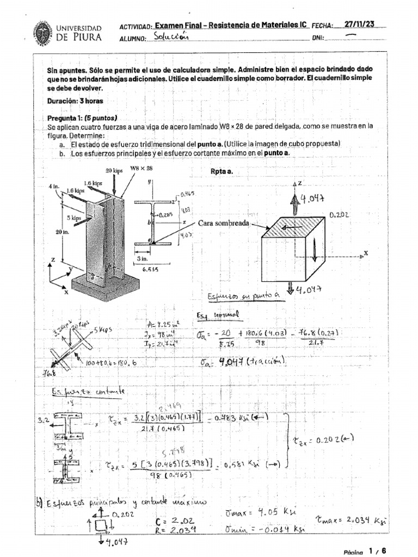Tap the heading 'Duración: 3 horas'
pos(75,101)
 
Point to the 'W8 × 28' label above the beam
pos(142,169)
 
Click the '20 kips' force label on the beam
pos(115,170)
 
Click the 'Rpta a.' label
pos(222,171)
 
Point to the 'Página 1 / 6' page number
pos(365,550)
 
